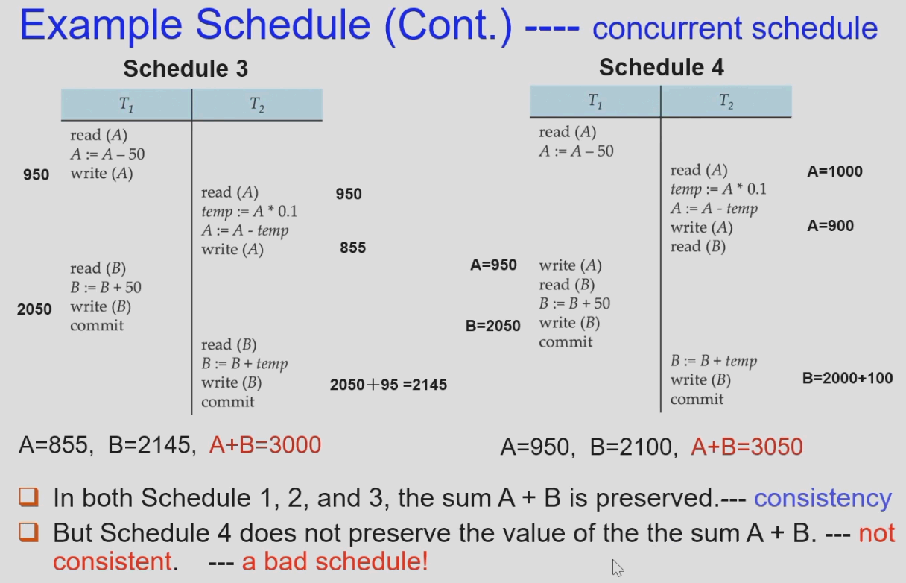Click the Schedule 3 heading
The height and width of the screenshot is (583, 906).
[x=186, y=69]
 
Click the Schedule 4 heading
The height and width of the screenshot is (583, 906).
[x=661, y=67]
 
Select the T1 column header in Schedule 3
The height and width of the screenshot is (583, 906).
[x=127, y=105]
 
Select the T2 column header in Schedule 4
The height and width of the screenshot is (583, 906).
[x=726, y=101]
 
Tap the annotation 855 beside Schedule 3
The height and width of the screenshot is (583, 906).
[x=352, y=248]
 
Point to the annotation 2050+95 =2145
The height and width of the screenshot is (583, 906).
[x=388, y=385]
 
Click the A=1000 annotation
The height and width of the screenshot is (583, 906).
[x=834, y=171]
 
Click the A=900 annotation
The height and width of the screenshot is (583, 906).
[x=830, y=226]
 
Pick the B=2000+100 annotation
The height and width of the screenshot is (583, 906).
[x=847, y=378]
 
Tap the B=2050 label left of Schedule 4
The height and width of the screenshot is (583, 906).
[x=492, y=325]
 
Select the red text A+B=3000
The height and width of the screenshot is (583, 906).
[x=265, y=445]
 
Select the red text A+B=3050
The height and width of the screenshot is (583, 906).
[x=747, y=447]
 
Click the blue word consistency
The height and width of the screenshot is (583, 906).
[x=823, y=498]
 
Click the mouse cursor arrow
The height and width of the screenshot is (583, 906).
[x=617, y=567]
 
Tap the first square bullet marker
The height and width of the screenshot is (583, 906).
[x=28, y=497]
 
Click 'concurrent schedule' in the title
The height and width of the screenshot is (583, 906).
[x=735, y=28]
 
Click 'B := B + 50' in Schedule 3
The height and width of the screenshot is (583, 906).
[x=106, y=288]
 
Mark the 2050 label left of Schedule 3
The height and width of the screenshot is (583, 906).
[x=34, y=309]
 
